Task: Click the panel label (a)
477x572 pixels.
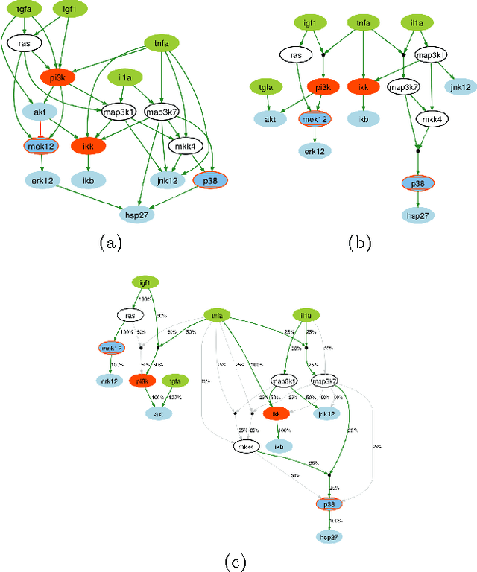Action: (x=110, y=241)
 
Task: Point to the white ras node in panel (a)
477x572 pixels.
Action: (x=24, y=43)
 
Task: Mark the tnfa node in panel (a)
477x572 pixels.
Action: (x=157, y=43)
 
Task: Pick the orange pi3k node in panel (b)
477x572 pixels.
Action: (x=322, y=87)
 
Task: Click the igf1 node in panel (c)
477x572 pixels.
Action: (x=145, y=283)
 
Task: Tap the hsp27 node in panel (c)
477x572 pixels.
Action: (x=329, y=536)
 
